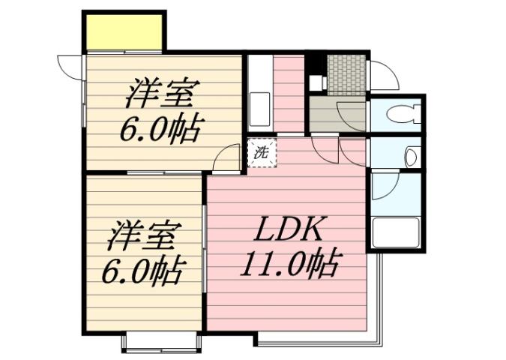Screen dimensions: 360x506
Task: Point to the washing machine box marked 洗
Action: pyautogui.click(x=262, y=153)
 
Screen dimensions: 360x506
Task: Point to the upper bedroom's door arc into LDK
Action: pyautogui.click(x=225, y=158)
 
